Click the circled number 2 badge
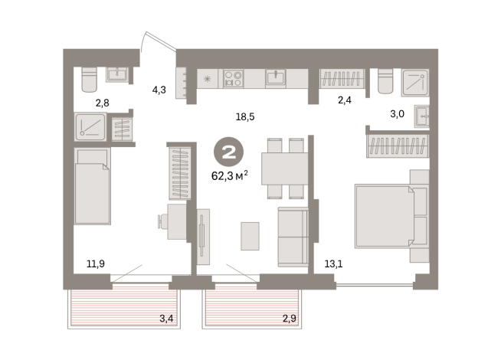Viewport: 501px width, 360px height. tap(228, 152)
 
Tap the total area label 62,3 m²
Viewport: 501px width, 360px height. tap(230, 175)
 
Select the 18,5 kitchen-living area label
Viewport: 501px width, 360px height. tap(245, 117)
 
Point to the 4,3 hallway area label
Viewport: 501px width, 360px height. tap(159, 90)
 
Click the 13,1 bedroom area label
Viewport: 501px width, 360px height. tap(333, 263)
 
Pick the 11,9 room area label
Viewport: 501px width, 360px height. tap(96, 263)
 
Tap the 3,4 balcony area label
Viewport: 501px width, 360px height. tap(166, 318)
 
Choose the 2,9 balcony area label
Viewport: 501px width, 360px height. tap(289, 318)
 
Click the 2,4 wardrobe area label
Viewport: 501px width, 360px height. tap(345, 100)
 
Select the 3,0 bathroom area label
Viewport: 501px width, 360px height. tap(397, 113)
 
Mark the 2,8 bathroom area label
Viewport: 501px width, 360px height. tap(102, 103)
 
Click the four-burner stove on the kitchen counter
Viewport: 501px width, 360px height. tap(233, 79)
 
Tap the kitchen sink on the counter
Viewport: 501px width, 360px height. tap(276, 77)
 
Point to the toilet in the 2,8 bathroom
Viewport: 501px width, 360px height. tap(89, 79)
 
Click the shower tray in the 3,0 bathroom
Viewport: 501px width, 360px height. tap(415, 83)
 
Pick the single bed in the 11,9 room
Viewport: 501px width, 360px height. tap(93, 186)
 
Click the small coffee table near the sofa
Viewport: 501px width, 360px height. tap(250, 236)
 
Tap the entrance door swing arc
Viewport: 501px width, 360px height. tap(142, 41)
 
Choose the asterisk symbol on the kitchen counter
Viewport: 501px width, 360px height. tap(207, 79)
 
